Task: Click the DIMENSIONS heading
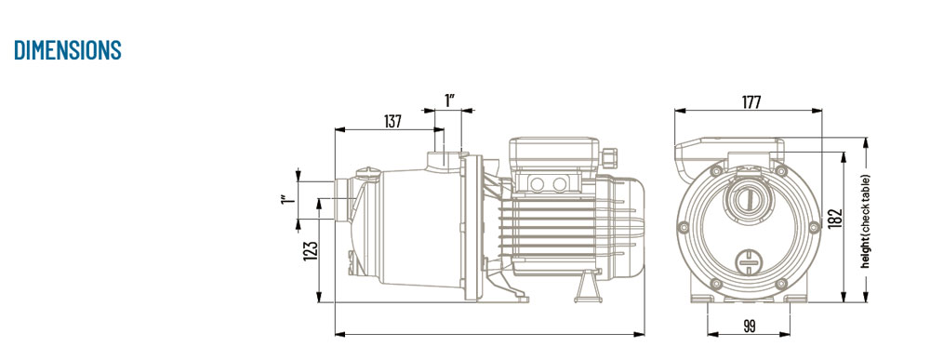tap(68, 50)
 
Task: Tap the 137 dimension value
tap(392, 122)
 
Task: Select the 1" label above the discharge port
tap(449, 100)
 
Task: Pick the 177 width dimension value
tap(751, 102)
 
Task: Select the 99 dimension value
tap(749, 327)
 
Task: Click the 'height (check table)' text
tap(866, 221)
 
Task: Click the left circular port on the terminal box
tap(537, 184)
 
